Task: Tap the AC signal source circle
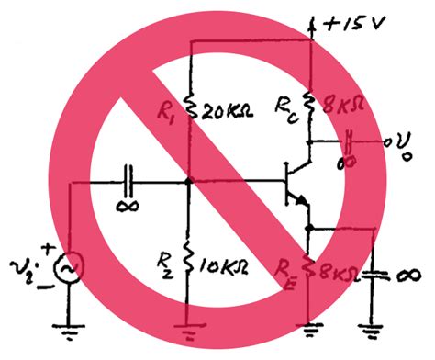point(68,268)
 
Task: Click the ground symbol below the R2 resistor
point(188,321)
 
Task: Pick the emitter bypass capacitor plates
point(374,273)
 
